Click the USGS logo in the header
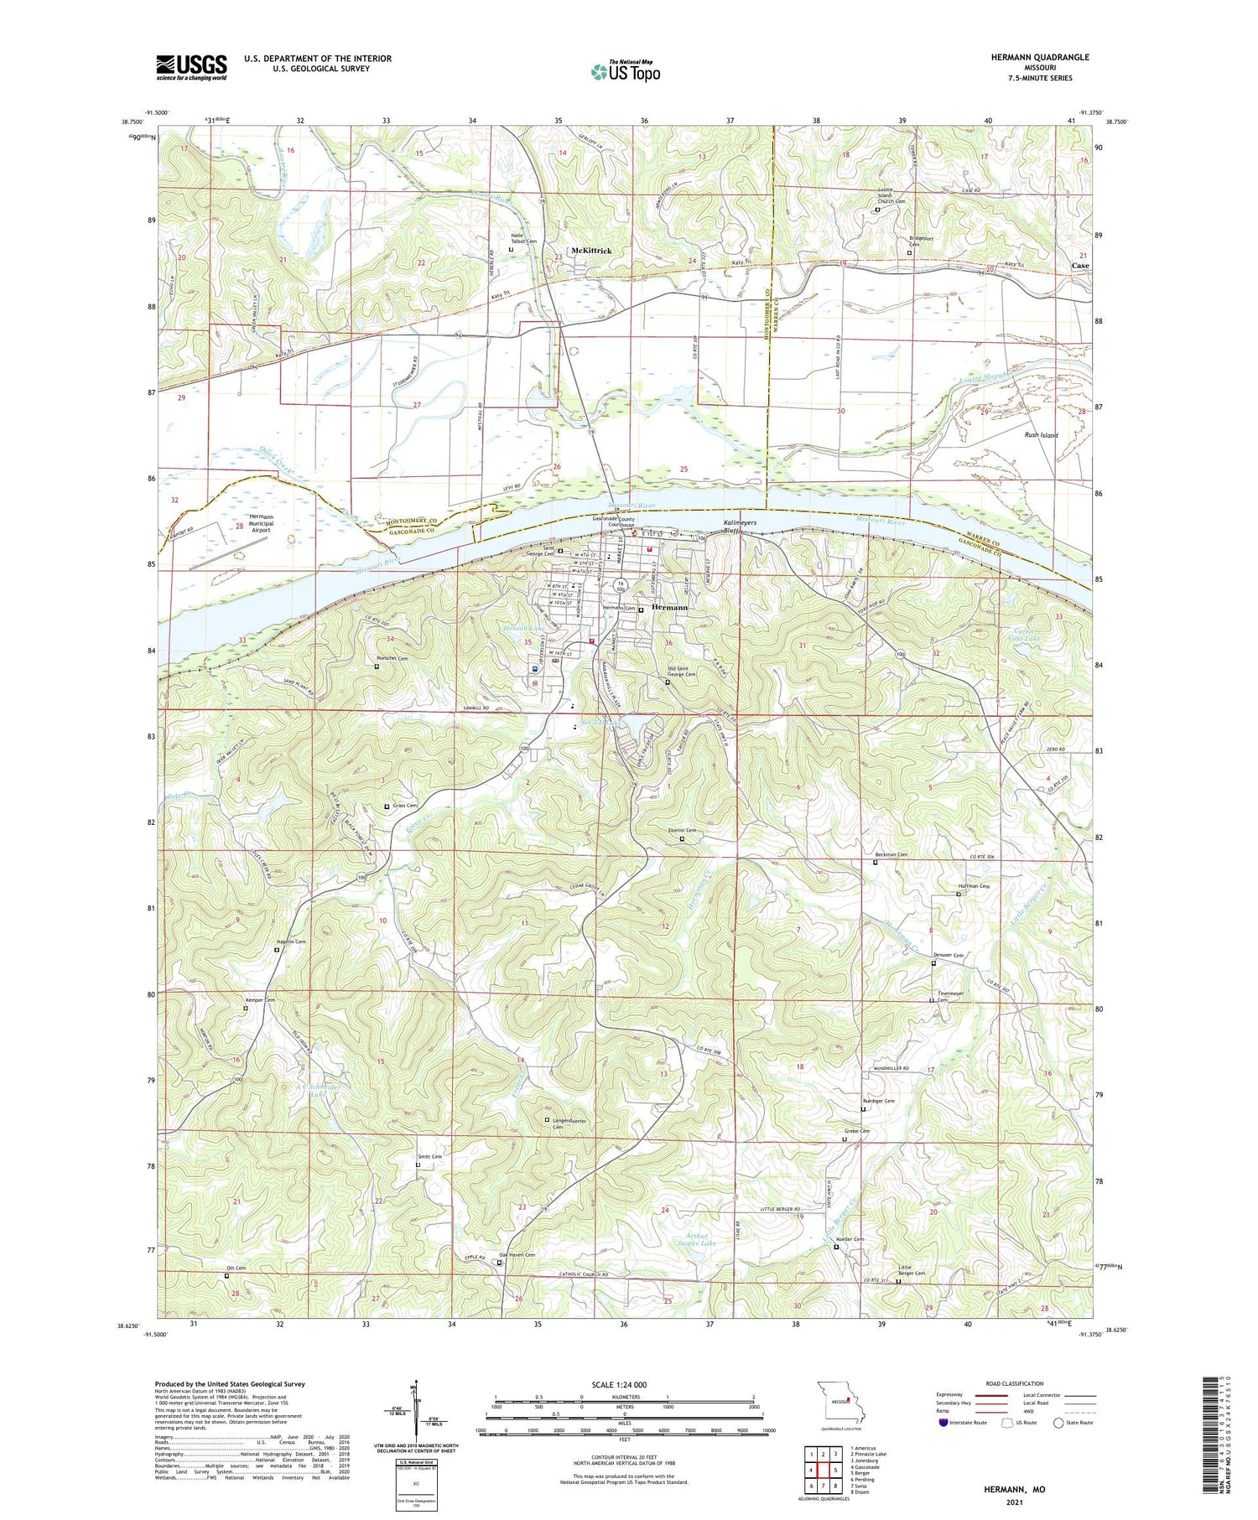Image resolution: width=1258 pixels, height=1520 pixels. (x=191, y=67)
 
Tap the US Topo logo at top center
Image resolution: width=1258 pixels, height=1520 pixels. (x=625, y=72)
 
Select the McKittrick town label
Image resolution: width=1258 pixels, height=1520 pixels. (x=591, y=251)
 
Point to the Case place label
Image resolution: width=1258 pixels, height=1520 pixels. (x=1080, y=265)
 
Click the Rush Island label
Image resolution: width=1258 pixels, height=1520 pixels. (x=1041, y=435)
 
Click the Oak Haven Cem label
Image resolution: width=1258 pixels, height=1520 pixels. (x=517, y=1279)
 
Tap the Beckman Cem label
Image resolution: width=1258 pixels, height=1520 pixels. (x=891, y=854)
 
